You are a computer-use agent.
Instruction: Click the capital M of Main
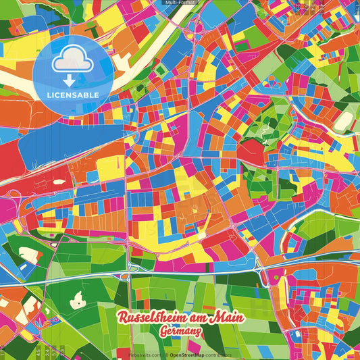click(215, 317)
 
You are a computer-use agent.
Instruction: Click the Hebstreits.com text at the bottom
click(145, 353)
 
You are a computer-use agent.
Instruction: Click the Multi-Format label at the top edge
click(179, 3)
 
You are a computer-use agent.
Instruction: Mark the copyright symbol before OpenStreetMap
click(166, 353)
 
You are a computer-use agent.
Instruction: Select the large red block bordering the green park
click(251, 152)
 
